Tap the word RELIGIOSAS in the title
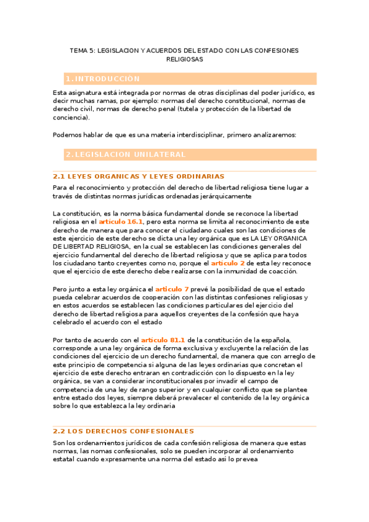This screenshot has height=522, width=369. [184, 60]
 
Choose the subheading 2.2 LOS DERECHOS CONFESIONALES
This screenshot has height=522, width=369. [123, 432]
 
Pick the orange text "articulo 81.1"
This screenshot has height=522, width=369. [163, 340]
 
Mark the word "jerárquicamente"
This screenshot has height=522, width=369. [222, 196]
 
